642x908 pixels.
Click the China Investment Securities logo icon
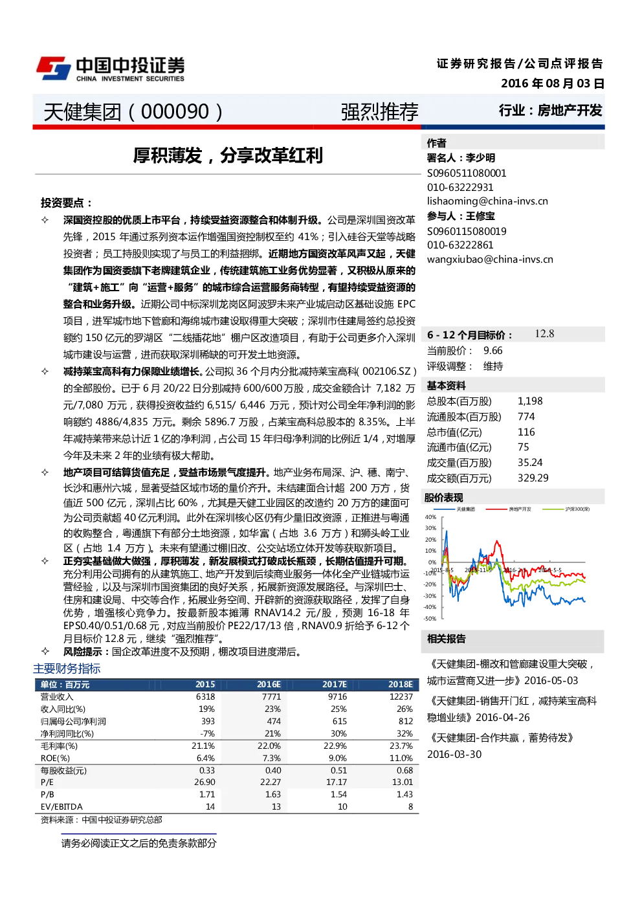point(54,68)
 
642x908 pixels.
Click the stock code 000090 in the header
point(175,111)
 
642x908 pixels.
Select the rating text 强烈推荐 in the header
point(379,112)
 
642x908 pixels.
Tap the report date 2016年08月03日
point(553,83)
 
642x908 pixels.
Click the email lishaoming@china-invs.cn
point(487,201)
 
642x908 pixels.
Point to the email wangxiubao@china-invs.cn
point(490,260)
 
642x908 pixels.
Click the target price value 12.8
point(544,333)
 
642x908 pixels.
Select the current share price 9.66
point(493,351)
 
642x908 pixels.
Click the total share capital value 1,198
point(530,401)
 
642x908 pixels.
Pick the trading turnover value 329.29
point(533,478)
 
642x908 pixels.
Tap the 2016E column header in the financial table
point(269,684)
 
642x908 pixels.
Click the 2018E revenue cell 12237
point(401,696)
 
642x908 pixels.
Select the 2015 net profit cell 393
point(208,721)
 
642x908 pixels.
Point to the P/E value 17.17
point(337,782)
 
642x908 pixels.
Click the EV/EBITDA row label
point(61,806)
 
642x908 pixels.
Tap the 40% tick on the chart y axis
point(430,517)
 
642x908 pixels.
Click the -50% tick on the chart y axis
point(430,619)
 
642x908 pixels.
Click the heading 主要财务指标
point(67,669)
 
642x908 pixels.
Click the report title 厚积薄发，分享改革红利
point(228,156)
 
